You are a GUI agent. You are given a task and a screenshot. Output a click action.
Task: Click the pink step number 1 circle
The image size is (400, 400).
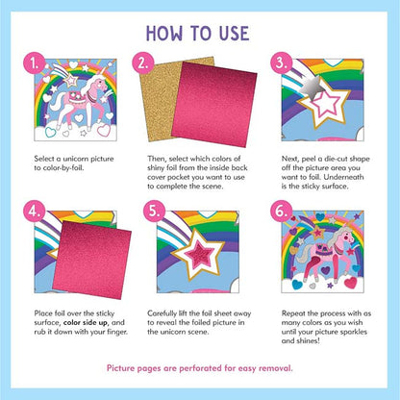point(34,63)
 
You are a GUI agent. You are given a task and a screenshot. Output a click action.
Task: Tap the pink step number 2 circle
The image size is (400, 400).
point(143,63)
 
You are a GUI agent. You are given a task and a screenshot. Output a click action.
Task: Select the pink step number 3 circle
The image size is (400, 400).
point(281,63)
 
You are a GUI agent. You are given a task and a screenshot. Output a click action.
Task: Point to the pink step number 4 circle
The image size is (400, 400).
point(34,212)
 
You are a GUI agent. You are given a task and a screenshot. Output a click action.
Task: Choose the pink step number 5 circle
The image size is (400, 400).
point(154,212)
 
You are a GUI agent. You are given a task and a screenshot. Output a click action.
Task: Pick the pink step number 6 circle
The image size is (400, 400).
point(281,212)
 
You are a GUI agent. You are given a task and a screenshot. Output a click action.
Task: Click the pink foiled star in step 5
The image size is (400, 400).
point(199,255)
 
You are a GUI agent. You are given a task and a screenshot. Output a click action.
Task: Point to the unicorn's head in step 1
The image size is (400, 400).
point(101,84)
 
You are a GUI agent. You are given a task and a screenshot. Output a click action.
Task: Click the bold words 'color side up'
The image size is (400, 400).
point(86,323)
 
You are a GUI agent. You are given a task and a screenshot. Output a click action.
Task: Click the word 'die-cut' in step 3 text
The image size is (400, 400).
point(336,159)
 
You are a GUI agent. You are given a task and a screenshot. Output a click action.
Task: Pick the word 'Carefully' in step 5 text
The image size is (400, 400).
point(162,313)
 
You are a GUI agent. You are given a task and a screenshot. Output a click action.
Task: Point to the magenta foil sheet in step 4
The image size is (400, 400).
point(92,260)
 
